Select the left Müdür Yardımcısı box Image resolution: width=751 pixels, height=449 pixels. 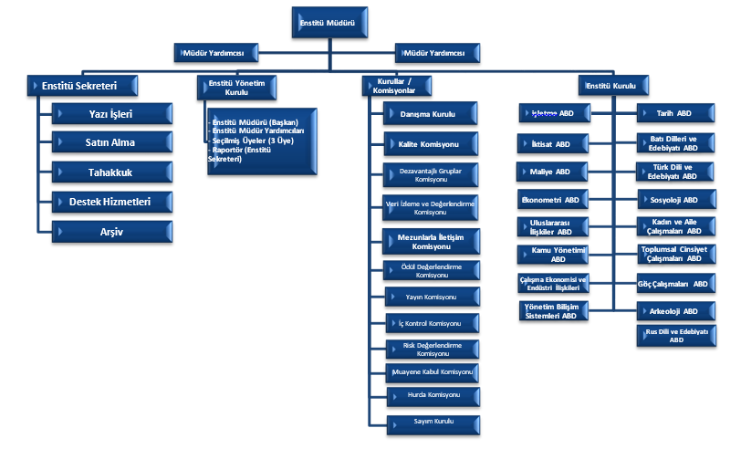click(x=215, y=53)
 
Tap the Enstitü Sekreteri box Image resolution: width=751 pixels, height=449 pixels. click(x=84, y=86)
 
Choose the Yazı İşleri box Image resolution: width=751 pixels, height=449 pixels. click(x=111, y=114)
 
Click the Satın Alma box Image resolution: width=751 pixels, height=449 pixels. click(x=111, y=142)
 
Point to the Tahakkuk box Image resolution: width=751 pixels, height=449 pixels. click(x=111, y=172)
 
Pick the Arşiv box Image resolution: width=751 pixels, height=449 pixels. click(x=111, y=231)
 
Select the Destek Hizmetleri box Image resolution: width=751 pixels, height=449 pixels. click(x=111, y=201)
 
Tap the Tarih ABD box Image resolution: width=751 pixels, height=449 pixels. click(x=675, y=113)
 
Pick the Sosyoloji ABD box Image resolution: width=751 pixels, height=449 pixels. click(x=675, y=199)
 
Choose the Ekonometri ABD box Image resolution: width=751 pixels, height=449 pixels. click(x=551, y=199)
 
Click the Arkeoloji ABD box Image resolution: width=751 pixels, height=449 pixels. click(x=675, y=311)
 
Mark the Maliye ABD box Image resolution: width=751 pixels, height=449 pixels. click(x=551, y=172)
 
